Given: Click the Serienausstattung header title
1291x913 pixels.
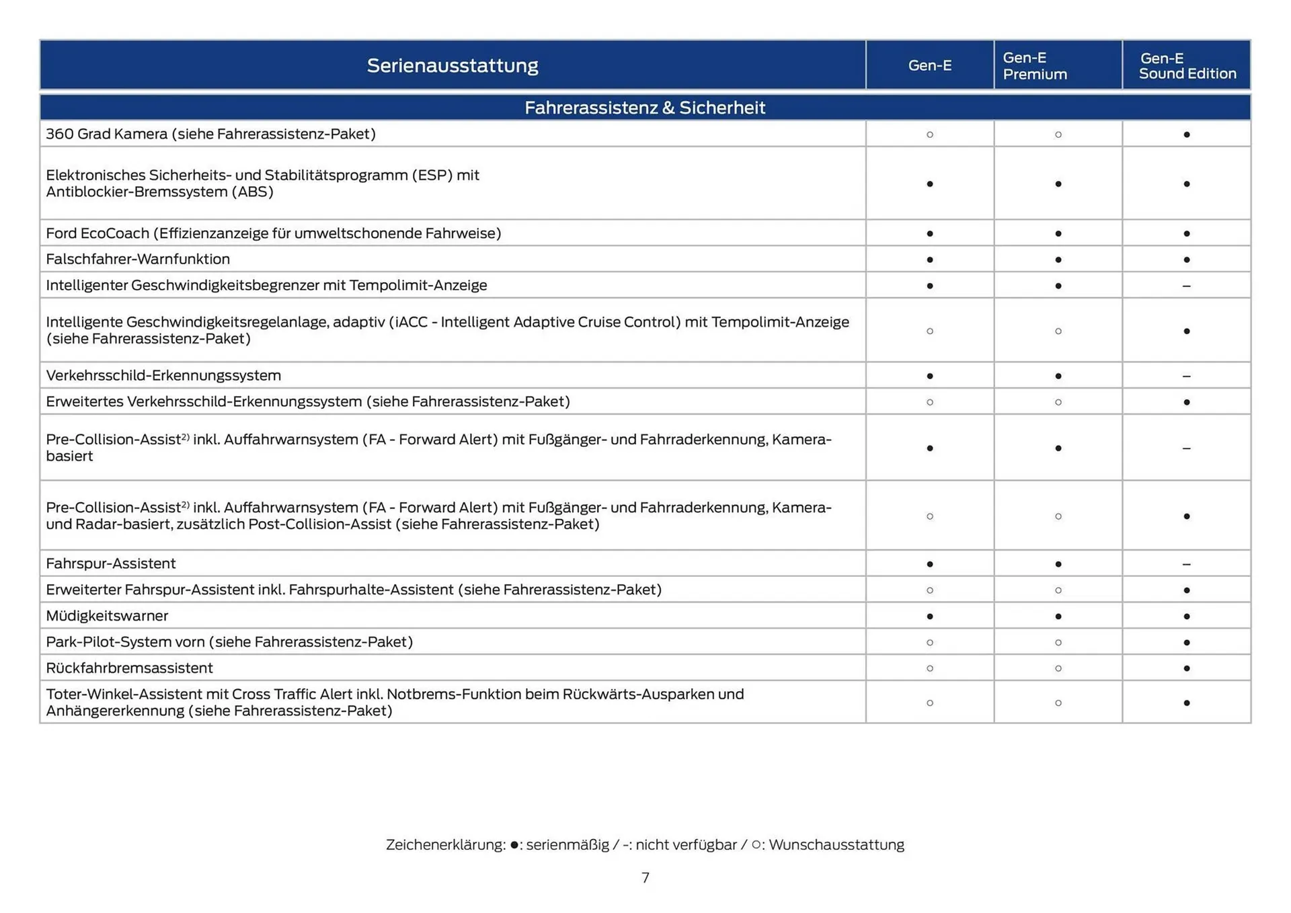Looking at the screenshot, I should click(x=453, y=65).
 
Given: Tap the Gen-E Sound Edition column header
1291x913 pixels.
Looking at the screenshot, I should click(x=1187, y=66).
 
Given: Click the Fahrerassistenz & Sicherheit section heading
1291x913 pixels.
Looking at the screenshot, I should click(x=645, y=108).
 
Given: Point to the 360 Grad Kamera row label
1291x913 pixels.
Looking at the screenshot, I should click(x=210, y=134).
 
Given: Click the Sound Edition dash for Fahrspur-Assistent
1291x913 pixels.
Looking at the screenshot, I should click(x=1186, y=564).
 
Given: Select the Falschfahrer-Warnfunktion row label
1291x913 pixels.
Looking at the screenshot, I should click(x=138, y=259).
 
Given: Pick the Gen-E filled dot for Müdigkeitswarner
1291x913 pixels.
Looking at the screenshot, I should click(x=930, y=616).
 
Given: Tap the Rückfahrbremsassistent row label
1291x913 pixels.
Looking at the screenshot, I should click(x=129, y=668).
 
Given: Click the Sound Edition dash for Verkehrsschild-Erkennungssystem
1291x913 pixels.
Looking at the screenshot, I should click(x=1186, y=376).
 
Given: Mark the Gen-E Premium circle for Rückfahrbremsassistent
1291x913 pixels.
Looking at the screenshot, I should click(x=1058, y=668).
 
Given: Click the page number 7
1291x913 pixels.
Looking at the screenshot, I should click(x=645, y=877).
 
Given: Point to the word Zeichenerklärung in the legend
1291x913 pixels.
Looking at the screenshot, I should click(x=445, y=844).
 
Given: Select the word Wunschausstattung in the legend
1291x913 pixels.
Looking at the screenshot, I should click(x=836, y=844).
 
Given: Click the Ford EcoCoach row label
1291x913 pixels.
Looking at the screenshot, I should click(x=274, y=233).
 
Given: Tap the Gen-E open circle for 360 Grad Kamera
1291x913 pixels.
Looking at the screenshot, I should click(x=930, y=134).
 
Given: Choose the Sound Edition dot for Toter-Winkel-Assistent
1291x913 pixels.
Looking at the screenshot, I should click(x=1186, y=703).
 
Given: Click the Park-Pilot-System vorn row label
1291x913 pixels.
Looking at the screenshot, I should click(x=229, y=641).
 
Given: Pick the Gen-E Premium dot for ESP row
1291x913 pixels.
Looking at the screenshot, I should click(x=1058, y=184).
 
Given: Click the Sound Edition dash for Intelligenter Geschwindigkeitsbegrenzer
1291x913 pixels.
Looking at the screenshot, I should click(x=1186, y=286).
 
